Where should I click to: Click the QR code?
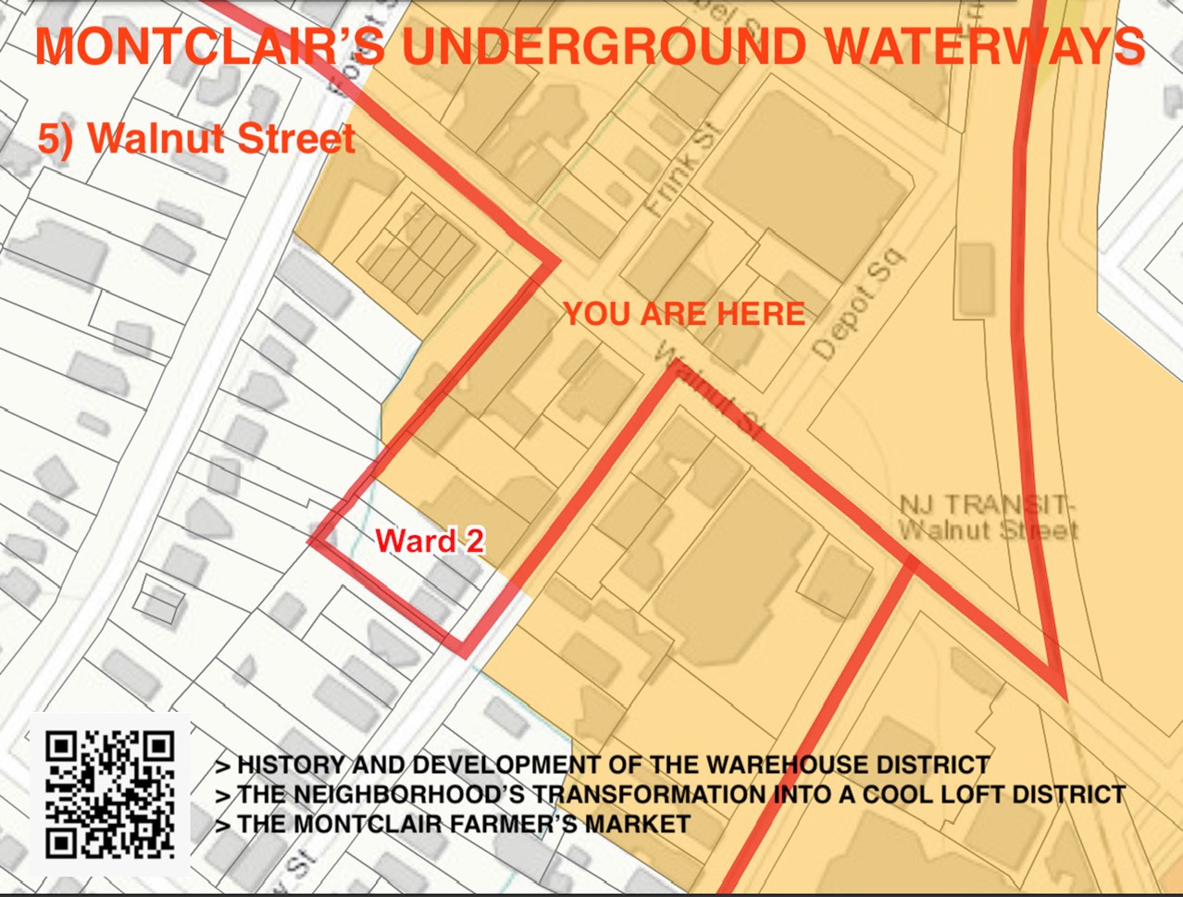tap(110, 795)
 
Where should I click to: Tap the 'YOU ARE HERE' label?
tap(684, 314)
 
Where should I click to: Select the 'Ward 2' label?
tap(430, 541)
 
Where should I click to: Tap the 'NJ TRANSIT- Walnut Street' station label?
tap(988, 518)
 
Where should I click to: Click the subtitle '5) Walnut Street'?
tap(196, 139)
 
